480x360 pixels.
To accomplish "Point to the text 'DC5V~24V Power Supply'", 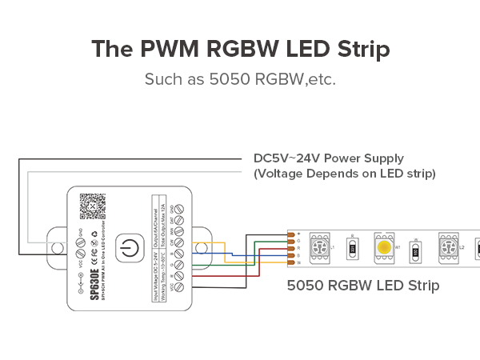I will click(328, 158).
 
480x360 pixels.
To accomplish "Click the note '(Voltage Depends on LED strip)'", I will click(344, 173).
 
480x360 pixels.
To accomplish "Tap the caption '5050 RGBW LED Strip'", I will click(362, 285).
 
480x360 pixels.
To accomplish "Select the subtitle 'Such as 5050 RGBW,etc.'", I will click(240, 79).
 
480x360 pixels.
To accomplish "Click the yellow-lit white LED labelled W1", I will click(383, 247).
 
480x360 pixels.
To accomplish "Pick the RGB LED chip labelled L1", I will click(318, 247).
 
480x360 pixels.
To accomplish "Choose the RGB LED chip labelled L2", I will click(448, 247).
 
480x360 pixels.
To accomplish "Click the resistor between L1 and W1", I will click(352, 250).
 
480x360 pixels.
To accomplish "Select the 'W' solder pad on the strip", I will click(291, 262).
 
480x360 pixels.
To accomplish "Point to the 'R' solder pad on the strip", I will click(291, 248).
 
